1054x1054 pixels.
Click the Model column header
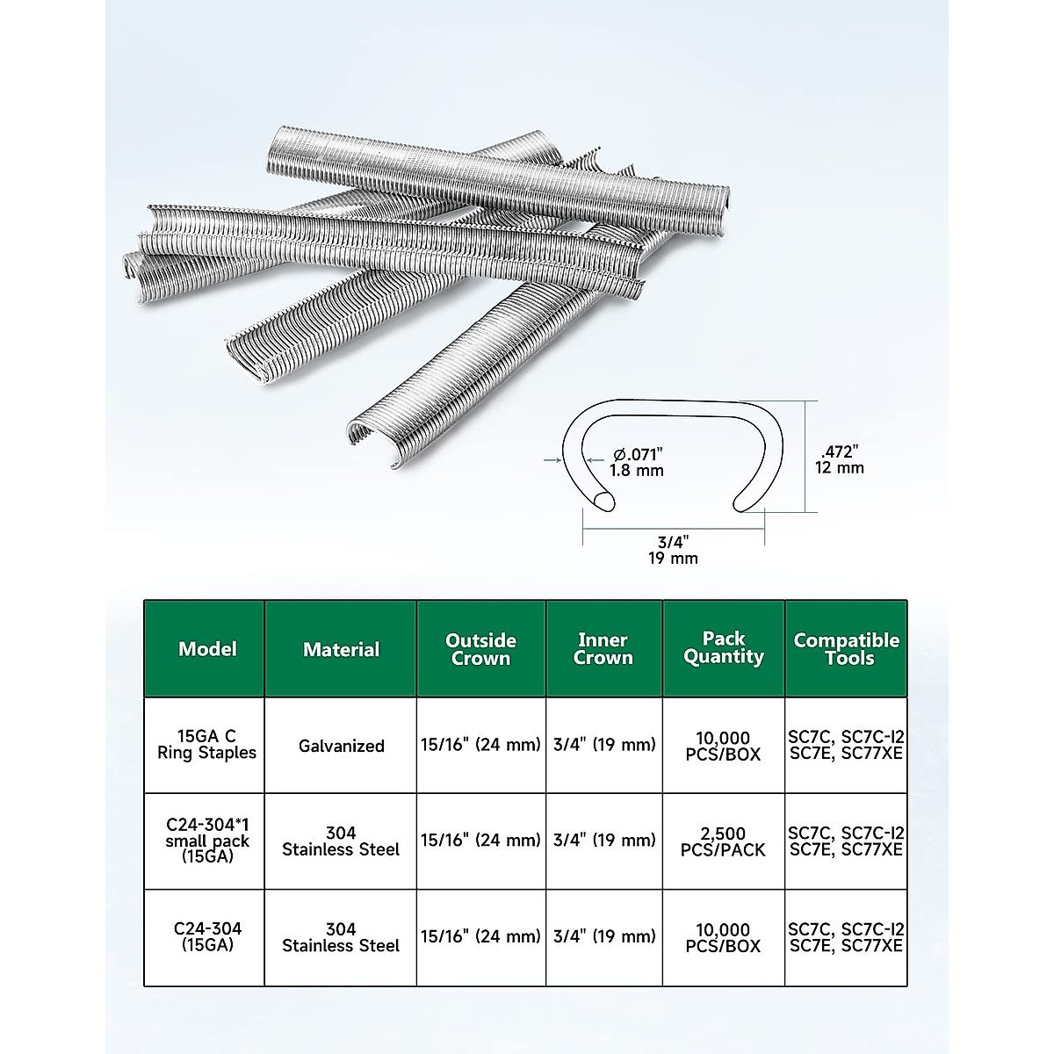[x=207, y=649]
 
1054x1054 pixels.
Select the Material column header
[x=341, y=649]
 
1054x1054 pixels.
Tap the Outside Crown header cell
[x=480, y=649]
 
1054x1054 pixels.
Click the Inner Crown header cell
[x=603, y=649]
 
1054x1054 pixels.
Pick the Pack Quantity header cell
[x=724, y=648]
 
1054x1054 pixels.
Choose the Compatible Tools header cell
[x=846, y=649]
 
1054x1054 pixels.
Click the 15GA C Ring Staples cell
[x=207, y=745]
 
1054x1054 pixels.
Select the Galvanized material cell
[x=341, y=746]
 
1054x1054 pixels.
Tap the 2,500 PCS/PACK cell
[x=724, y=841]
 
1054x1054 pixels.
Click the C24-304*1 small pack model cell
[x=207, y=841]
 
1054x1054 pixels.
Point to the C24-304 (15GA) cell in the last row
[x=207, y=937]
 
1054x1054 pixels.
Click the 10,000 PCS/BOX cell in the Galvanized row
[x=724, y=745]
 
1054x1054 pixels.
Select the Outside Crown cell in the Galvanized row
[x=480, y=746]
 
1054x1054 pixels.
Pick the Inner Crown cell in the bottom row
[x=603, y=937]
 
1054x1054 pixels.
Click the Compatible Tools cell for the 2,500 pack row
[x=846, y=841]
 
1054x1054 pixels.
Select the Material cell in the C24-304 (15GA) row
[x=341, y=937]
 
